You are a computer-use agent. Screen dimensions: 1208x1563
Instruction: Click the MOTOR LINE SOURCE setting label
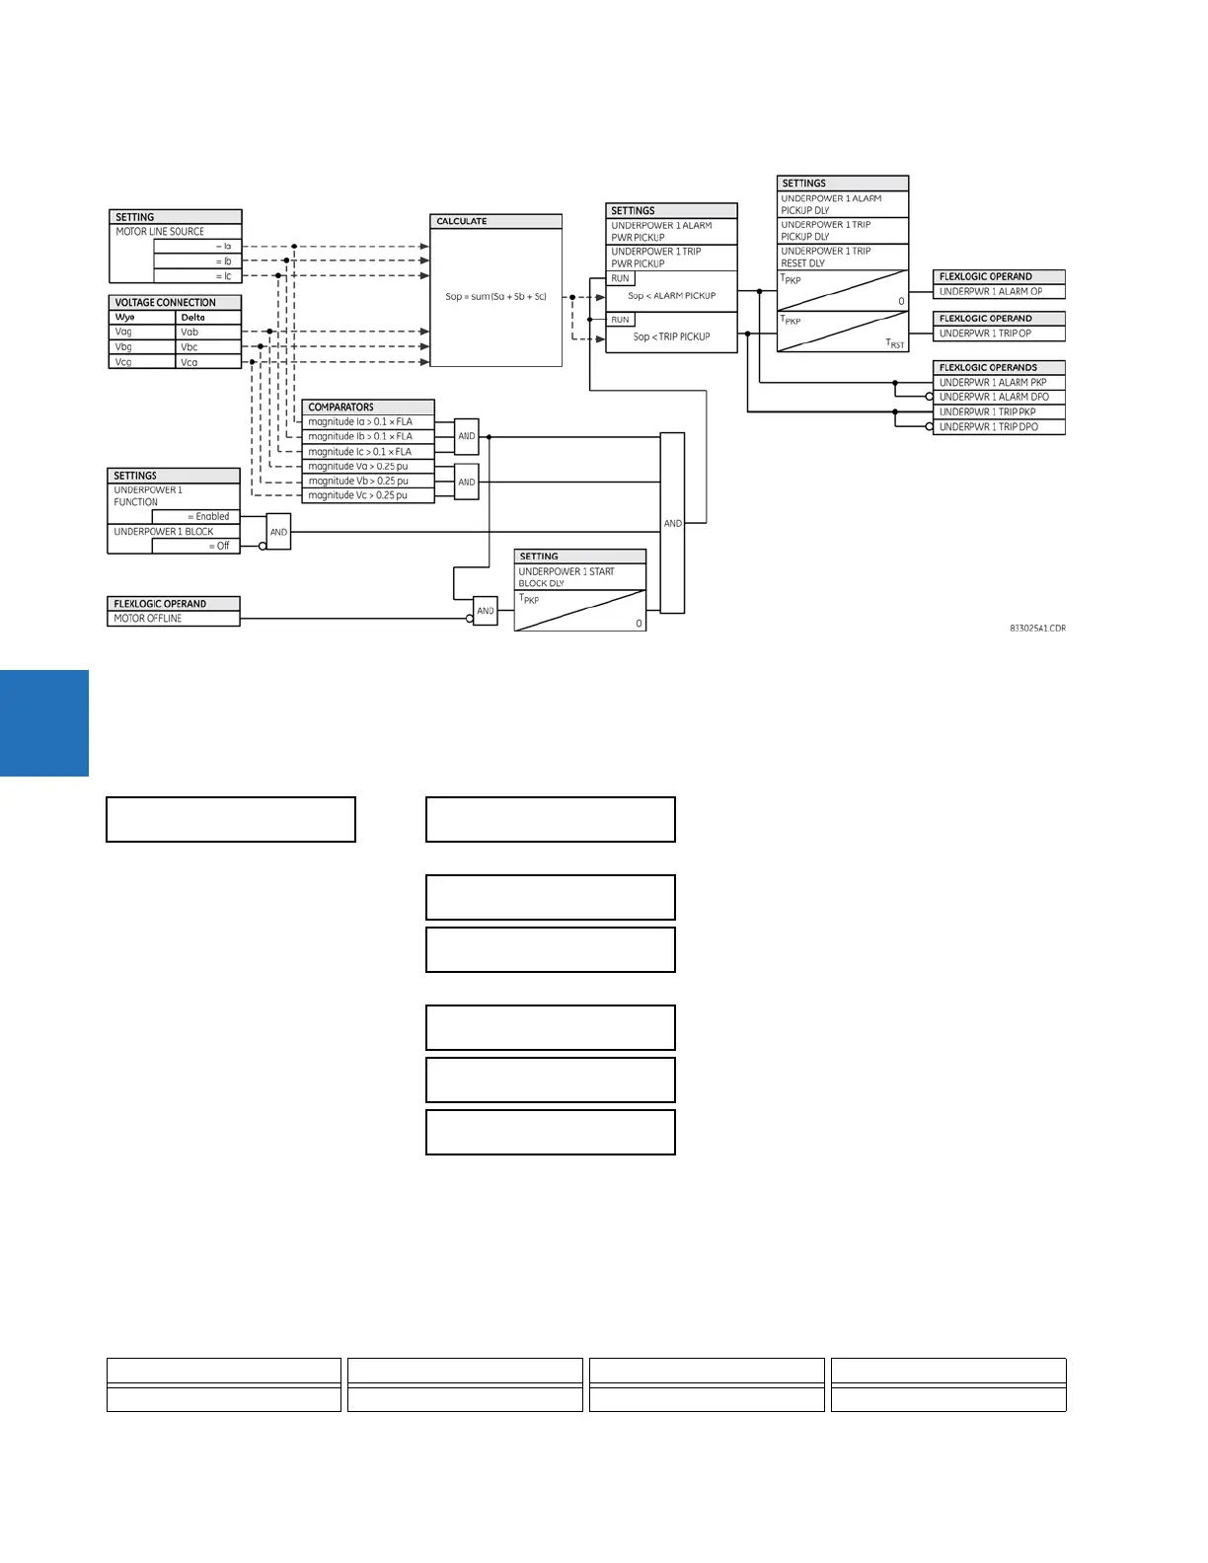point(160,232)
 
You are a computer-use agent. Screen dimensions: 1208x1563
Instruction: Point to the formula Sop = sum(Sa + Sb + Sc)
point(495,296)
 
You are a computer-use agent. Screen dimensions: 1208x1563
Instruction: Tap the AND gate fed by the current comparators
point(467,436)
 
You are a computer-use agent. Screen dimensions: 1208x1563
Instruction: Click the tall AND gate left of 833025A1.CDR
point(672,523)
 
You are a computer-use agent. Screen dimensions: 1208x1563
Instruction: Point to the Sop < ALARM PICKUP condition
point(671,296)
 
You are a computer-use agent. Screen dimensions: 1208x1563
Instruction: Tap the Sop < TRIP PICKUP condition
point(671,336)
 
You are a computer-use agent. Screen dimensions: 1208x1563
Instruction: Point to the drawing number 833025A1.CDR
point(1037,629)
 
